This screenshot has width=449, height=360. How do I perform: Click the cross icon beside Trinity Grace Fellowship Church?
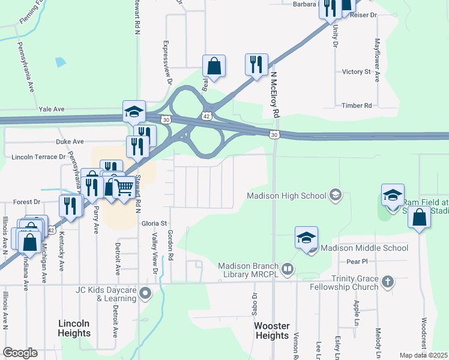(x=388, y=281)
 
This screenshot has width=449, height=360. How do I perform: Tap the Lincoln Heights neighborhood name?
(x=74, y=328)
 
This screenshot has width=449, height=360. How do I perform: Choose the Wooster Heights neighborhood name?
(x=273, y=331)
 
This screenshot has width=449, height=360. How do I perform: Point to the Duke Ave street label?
(x=70, y=142)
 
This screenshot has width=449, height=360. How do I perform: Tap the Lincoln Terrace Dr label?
(x=38, y=157)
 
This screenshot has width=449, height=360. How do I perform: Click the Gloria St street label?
(x=154, y=223)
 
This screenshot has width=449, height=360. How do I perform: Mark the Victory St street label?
(x=356, y=72)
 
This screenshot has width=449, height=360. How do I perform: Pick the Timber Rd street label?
(x=357, y=106)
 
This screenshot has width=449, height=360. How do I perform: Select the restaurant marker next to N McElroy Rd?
(x=256, y=64)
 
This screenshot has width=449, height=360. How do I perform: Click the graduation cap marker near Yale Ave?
(x=134, y=111)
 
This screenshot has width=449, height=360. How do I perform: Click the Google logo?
(x=20, y=353)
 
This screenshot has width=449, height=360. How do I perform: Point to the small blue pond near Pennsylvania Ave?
(x=60, y=62)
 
